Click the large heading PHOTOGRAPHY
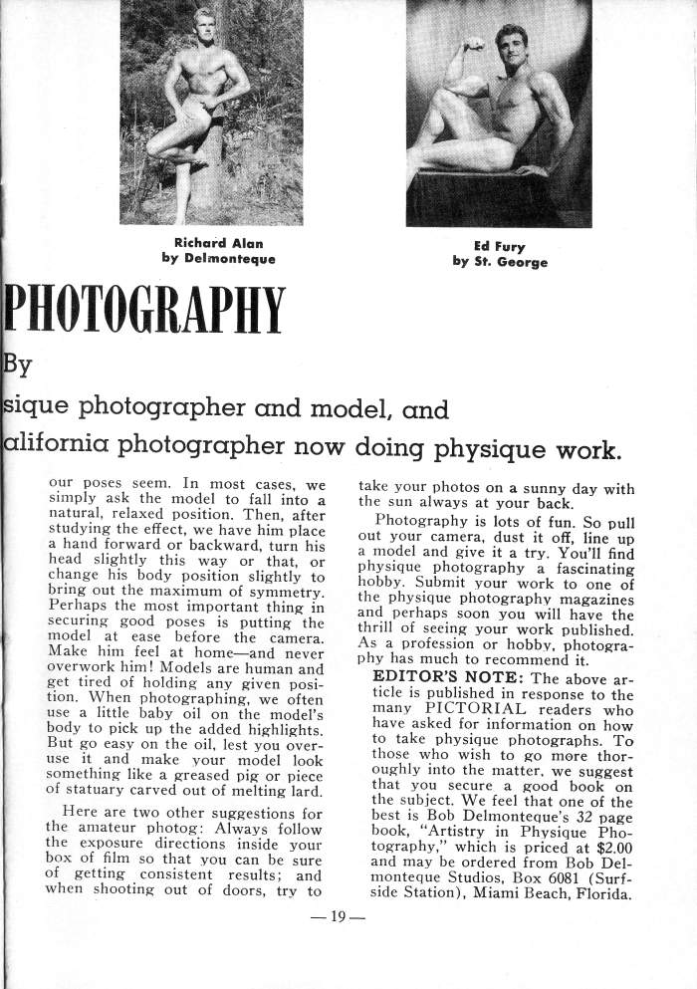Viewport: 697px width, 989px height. pyautogui.click(x=144, y=312)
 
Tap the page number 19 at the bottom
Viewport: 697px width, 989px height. pyautogui.click(x=338, y=917)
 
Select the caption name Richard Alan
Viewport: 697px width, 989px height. pyautogui.click(x=218, y=243)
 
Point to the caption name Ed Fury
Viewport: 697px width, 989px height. pyautogui.click(x=499, y=247)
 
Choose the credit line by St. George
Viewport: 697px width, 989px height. pyautogui.click(x=499, y=263)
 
